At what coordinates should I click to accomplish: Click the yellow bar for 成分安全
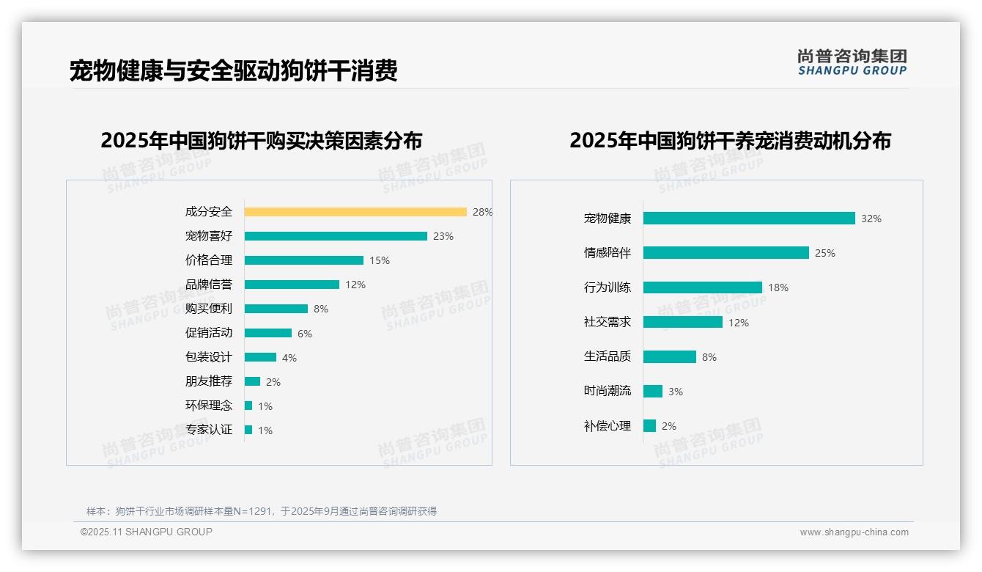point(355,212)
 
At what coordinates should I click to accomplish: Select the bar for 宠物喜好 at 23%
point(336,236)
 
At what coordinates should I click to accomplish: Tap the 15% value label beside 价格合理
point(380,260)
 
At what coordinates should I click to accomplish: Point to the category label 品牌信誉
point(209,285)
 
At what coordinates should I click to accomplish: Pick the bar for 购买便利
point(276,309)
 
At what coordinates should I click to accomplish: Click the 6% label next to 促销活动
point(305,334)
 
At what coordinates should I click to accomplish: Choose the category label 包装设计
point(209,357)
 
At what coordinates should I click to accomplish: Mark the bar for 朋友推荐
point(252,381)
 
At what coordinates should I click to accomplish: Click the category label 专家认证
point(209,430)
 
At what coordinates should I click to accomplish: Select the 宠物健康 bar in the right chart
point(749,219)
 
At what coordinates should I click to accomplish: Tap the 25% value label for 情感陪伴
point(825,253)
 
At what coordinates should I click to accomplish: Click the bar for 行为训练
point(703,287)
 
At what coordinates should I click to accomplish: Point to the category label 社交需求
point(608,322)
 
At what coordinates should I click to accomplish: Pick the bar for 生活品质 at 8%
point(670,356)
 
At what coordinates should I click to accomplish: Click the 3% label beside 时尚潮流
point(676,392)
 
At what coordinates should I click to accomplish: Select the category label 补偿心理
point(608,426)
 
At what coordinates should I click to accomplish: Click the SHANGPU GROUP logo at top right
point(852,62)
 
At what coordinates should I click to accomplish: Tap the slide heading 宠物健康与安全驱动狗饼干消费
point(234,71)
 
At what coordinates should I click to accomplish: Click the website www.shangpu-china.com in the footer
point(854,532)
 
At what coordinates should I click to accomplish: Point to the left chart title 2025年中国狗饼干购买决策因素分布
point(262,141)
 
